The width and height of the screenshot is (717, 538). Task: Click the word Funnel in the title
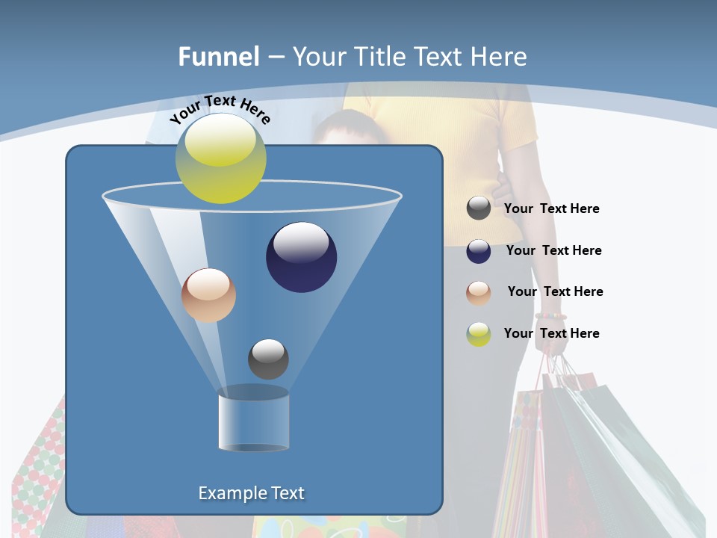(x=218, y=57)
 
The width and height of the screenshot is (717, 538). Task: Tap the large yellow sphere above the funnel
(x=221, y=158)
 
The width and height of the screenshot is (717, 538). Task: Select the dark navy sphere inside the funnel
(x=301, y=257)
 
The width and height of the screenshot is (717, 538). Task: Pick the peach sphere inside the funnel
(x=208, y=295)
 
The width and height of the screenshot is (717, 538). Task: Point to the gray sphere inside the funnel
(x=268, y=359)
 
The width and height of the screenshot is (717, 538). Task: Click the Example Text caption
(x=251, y=493)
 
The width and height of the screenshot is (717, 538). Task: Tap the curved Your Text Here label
(x=220, y=109)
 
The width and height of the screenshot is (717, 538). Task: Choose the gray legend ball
(x=479, y=208)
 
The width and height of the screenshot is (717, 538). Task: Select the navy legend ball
(x=479, y=251)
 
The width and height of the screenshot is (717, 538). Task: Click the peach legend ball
(x=479, y=293)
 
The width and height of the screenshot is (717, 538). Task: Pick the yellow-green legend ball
(x=479, y=334)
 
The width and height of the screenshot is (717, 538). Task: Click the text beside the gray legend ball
(x=551, y=209)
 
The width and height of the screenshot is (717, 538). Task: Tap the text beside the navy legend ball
(x=553, y=251)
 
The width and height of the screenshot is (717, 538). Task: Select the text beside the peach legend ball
(x=555, y=292)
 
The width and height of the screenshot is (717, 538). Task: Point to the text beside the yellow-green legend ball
(x=551, y=333)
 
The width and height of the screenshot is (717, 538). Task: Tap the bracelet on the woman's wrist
(x=550, y=317)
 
